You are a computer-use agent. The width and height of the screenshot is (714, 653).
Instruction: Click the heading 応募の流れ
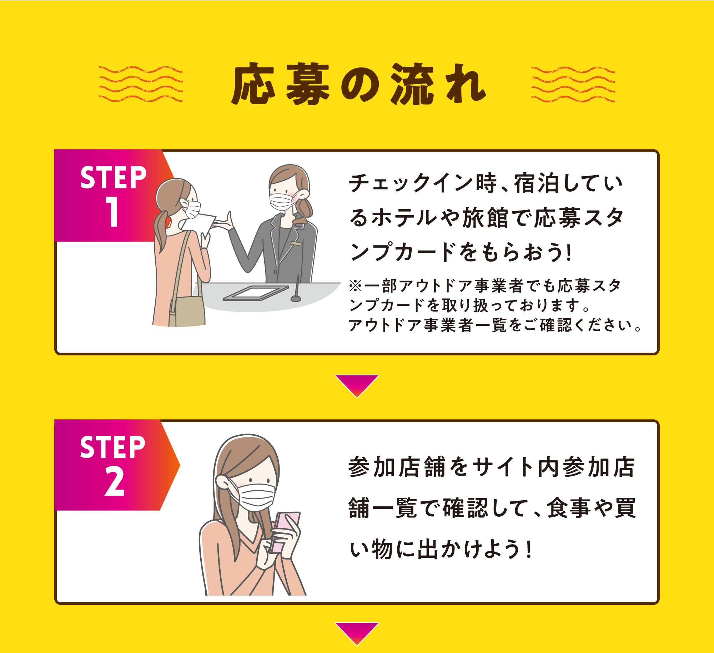pos(358,84)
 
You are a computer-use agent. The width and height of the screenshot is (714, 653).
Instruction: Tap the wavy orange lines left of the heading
pos(141,84)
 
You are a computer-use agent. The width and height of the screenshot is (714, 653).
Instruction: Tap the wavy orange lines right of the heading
pos(573,84)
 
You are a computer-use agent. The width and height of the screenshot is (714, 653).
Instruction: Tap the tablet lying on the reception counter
pos(256,293)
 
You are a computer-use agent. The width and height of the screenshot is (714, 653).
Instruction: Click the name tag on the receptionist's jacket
pos(296,244)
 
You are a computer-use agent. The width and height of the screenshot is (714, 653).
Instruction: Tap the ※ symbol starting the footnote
pos(356,286)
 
